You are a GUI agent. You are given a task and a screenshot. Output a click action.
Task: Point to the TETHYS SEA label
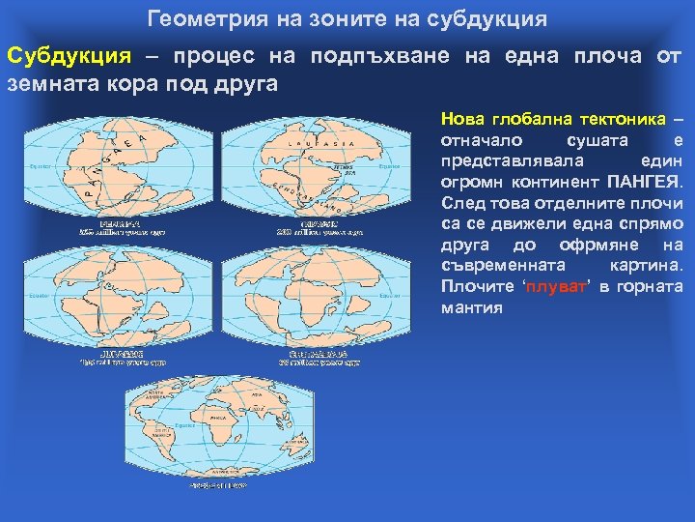pos(343,168)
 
